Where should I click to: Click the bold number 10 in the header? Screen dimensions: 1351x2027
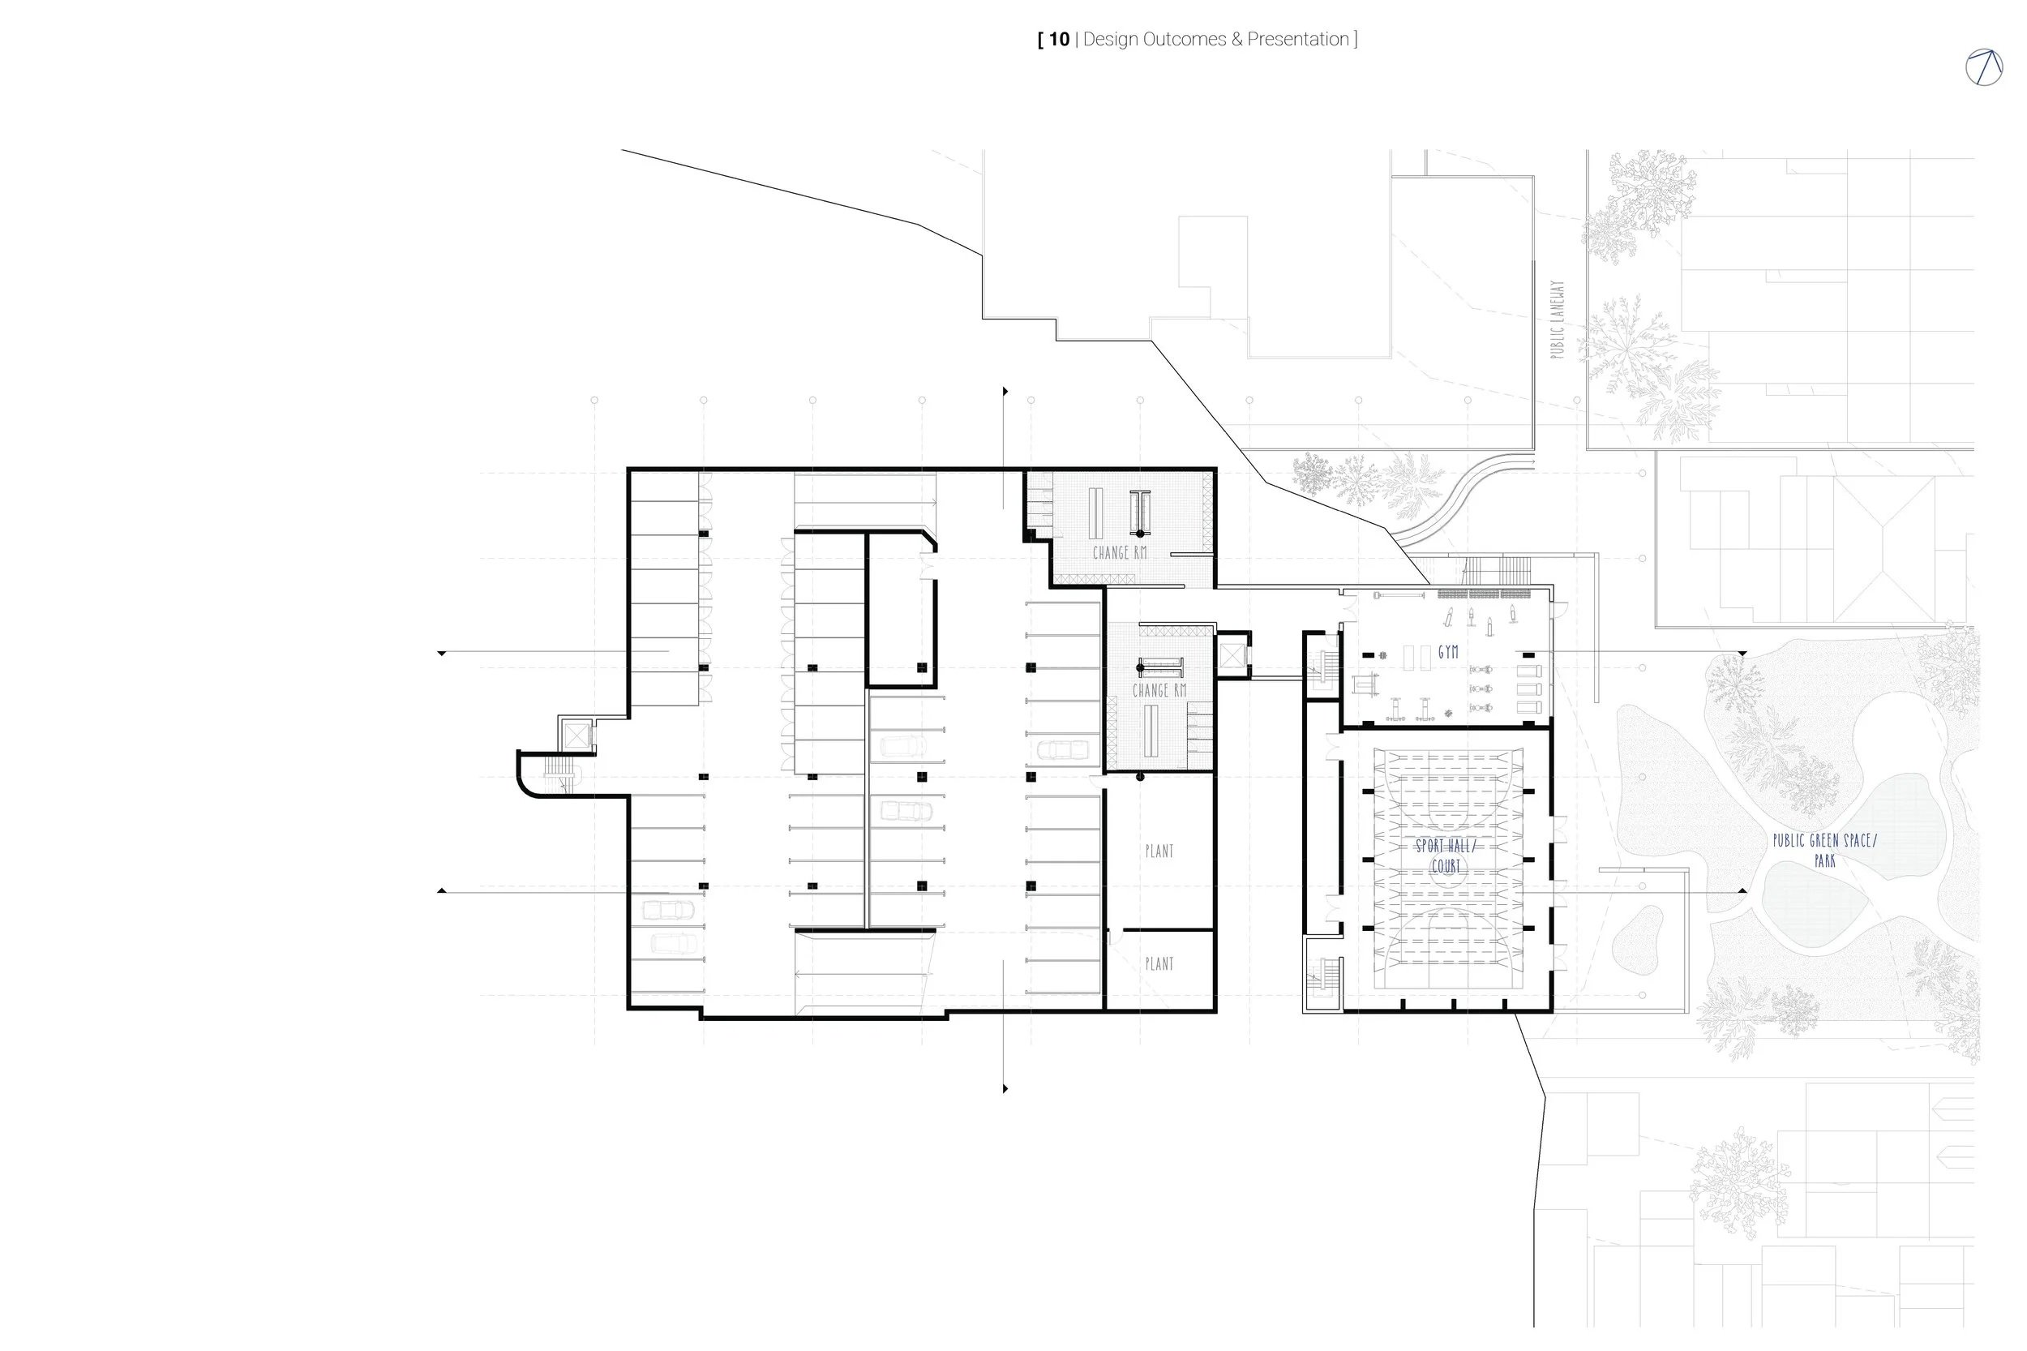1059,40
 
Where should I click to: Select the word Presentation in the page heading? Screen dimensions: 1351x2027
1297,40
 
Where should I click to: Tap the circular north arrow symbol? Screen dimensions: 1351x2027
1983,67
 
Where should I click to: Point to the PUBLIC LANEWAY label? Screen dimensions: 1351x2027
1556,320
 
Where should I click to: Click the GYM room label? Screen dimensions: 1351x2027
1448,653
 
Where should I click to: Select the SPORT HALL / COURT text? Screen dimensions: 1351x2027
1445,856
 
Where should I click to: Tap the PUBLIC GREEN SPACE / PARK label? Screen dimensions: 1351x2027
1823,850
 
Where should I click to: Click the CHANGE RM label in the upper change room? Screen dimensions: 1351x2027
1119,553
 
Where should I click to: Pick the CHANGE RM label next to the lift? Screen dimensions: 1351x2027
1159,691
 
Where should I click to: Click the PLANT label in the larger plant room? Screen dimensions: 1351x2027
1159,851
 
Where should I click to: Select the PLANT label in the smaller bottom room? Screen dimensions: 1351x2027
1159,964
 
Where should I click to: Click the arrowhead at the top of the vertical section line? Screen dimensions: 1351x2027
1005,392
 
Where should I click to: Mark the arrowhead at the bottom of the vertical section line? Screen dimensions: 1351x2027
1005,1089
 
